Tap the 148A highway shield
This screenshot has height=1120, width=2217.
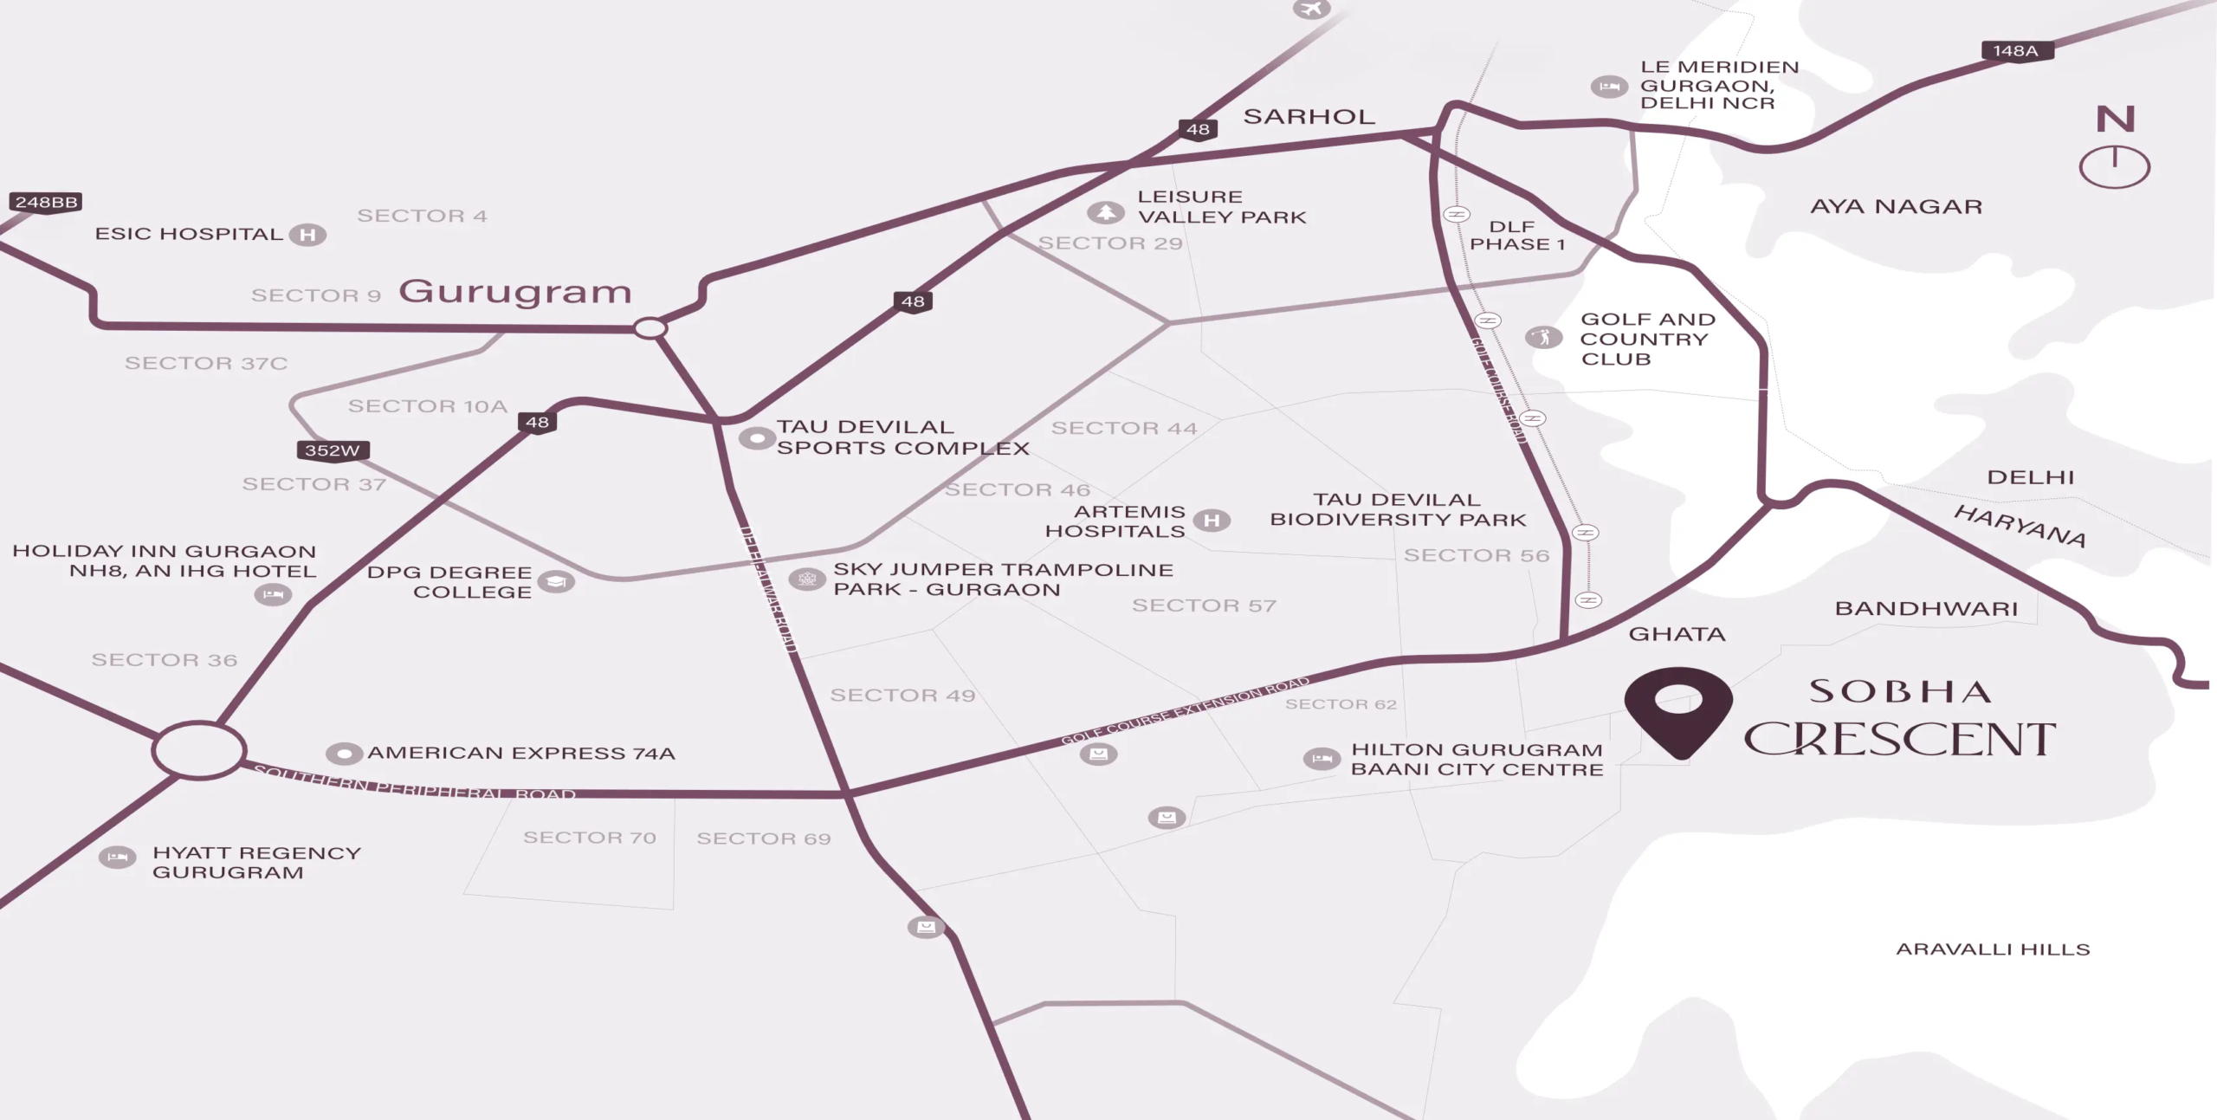(2017, 51)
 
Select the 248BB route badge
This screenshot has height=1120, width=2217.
(47, 202)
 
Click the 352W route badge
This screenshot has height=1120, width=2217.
(333, 450)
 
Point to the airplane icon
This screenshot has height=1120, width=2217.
(1312, 9)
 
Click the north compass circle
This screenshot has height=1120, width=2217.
(2114, 166)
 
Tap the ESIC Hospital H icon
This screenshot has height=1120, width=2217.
(307, 235)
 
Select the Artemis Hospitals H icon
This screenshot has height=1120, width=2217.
(1212, 520)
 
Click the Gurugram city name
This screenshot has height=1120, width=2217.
(515, 292)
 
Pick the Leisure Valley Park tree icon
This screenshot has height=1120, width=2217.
(1105, 212)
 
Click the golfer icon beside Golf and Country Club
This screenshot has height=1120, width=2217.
(1543, 336)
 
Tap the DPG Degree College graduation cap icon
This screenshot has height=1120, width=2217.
(556, 582)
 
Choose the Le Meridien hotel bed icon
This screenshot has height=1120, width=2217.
(1609, 87)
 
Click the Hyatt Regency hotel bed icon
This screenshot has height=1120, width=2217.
(117, 858)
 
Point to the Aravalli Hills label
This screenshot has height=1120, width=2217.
(1993, 949)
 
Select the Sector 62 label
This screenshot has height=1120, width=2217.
(1341, 704)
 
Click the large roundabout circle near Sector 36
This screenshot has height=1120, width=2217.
(199, 749)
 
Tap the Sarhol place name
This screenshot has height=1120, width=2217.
(1309, 117)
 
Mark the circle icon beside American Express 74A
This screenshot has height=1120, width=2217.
(344, 754)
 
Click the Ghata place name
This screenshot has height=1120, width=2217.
(1677, 634)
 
